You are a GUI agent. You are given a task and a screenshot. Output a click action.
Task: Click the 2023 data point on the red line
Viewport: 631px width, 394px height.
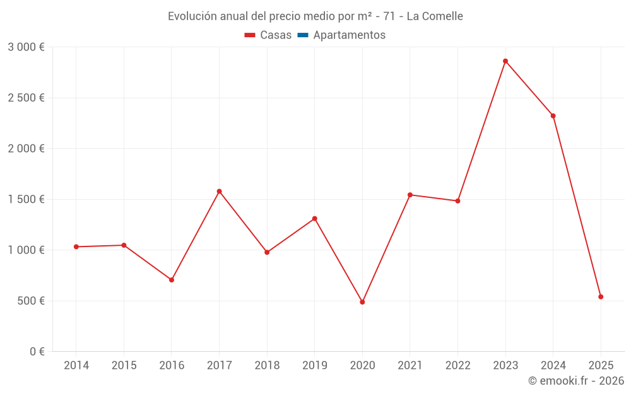pyautogui.click(x=505, y=61)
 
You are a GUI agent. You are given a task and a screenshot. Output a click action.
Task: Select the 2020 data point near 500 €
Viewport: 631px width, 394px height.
pyautogui.click(x=362, y=302)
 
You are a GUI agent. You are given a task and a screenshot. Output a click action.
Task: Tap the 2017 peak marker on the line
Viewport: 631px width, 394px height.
pyautogui.click(x=219, y=191)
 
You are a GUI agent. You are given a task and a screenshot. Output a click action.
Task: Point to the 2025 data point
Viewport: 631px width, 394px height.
pyautogui.click(x=601, y=297)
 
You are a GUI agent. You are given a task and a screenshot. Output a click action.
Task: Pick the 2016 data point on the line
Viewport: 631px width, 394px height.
pyautogui.click(x=172, y=280)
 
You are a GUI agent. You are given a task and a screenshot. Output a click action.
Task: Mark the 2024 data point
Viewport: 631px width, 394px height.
pyautogui.click(x=553, y=116)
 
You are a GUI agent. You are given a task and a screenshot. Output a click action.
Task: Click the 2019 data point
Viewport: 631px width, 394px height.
pyautogui.click(x=314, y=219)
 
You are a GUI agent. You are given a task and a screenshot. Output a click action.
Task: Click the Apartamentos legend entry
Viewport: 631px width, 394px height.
pyautogui.click(x=349, y=35)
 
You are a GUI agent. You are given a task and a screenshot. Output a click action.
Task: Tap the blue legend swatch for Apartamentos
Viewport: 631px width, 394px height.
pyautogui.click(x=302, y=35)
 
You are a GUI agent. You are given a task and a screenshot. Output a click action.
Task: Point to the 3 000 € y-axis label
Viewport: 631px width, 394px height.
pyautogui.click(x=26, y=47)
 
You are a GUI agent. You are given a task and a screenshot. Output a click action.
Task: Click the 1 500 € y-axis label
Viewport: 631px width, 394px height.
pyautogui.click(x=26, y=199)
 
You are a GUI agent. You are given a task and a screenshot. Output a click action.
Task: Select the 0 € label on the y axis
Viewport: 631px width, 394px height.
pyautogui.click(x=35, y=352)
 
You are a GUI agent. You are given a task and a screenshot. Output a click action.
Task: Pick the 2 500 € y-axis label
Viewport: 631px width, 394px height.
pyautogui.click(x=26, y=98)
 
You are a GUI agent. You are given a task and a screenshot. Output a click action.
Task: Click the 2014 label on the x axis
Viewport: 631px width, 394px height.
pyautogui.click(x=76, y=366)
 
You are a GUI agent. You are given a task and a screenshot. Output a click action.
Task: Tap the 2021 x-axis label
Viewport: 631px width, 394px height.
pyautogui.click(x=410, y=366)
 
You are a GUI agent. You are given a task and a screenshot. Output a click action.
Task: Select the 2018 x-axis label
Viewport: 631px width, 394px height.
pyautogui.click(x=267, y=366)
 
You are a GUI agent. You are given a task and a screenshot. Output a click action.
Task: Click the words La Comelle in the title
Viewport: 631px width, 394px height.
pyautogui.click(x=435, y=16)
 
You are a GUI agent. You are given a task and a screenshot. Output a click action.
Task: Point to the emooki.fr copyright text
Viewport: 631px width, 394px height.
pyautogui.click(x=576, y=381)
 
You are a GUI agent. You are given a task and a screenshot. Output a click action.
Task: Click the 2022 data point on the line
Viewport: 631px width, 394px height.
pyautogui.click(x=457, y=201)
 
